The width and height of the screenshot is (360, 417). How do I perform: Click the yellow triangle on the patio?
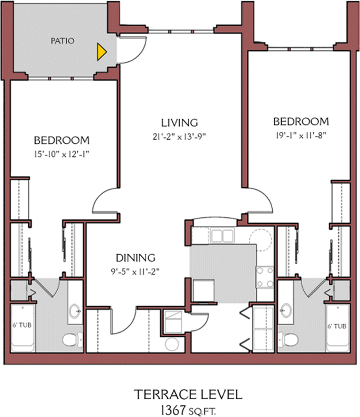tap(102, 52)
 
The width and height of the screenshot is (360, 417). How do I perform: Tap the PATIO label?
tap(63, 41)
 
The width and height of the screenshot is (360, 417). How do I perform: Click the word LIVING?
tap(179, 123)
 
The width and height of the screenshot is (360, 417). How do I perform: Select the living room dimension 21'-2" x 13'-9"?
tap(179, 137)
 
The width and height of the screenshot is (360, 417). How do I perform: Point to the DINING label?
tap(135, 258)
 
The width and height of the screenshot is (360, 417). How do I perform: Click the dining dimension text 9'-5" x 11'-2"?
tap(135, 271)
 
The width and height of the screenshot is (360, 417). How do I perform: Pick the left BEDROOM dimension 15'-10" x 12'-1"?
tap(61, 154)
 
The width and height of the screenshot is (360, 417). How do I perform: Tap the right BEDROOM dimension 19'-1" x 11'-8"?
tap(301, 136)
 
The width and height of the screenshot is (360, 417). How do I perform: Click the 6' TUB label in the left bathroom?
tap(22, 325)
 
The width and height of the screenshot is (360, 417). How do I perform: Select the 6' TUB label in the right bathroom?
tap(337, 326)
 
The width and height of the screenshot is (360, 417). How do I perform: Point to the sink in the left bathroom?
tap(75, 311)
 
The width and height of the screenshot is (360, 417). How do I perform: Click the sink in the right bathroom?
tap(286, 310)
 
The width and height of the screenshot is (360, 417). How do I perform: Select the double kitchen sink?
tap(222, 235)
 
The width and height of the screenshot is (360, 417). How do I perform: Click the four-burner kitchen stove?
tap(265, 277)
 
